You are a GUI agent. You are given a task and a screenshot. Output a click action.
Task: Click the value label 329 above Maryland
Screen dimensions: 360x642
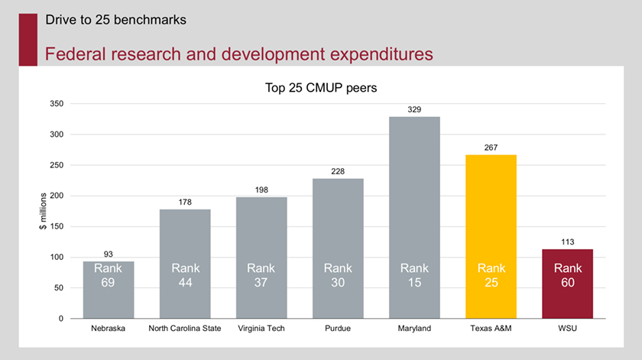pos(414,110)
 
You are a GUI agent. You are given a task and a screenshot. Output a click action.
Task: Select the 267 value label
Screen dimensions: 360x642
pos(491,148)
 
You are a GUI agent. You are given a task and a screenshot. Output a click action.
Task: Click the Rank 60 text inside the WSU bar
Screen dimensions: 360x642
pos(567,275)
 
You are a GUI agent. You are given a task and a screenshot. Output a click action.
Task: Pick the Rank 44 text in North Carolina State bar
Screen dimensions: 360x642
pos(185,275)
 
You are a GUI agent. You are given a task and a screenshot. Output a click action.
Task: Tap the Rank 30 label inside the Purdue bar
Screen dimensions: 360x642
pos(338,275)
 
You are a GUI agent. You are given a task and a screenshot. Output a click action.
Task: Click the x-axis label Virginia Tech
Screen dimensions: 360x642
pos(261,329)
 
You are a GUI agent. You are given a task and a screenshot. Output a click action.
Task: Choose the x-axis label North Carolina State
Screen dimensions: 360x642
pos(185,329)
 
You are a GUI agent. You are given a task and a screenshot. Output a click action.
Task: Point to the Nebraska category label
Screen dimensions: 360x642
pos(109,329)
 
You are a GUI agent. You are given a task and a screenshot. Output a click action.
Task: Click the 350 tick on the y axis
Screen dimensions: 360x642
pos(55,103)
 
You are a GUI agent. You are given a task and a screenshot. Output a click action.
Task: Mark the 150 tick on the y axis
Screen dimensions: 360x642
pos(55,226)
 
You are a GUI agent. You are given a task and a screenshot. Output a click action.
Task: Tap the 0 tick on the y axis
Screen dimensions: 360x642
pos(60,319)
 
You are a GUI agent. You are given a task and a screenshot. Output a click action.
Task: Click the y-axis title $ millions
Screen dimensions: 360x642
pos(43,211)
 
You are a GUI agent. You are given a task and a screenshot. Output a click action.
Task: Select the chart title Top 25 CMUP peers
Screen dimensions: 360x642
pos(321,87)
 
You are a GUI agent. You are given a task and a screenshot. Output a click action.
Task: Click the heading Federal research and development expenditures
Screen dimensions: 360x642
pos(238,54)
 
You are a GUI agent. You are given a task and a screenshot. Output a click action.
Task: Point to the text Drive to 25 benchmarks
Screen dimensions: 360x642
pos(115,20)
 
